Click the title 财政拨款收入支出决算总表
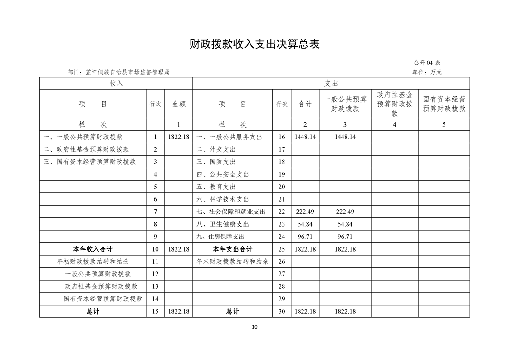(254, 44)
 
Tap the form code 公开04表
(427, 63)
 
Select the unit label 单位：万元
(427, 72)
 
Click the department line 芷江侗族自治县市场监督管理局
(118, 72)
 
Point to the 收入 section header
(116, 84)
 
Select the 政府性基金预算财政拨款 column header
(395, 104)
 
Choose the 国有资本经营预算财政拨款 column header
(444, 104)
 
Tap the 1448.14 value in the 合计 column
(305, 137)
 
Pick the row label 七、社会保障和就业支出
(231, 212)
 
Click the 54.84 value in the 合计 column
(305, 224)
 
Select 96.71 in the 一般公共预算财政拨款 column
(345, 237)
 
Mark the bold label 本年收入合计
(93, 249)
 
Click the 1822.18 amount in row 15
(178, 311)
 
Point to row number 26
(282, 261)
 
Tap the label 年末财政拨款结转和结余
(232, 261)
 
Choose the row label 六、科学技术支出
(223, 199)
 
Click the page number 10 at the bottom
(254, 327)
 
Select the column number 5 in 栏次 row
(444, 125)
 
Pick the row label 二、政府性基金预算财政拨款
(86, 149)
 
